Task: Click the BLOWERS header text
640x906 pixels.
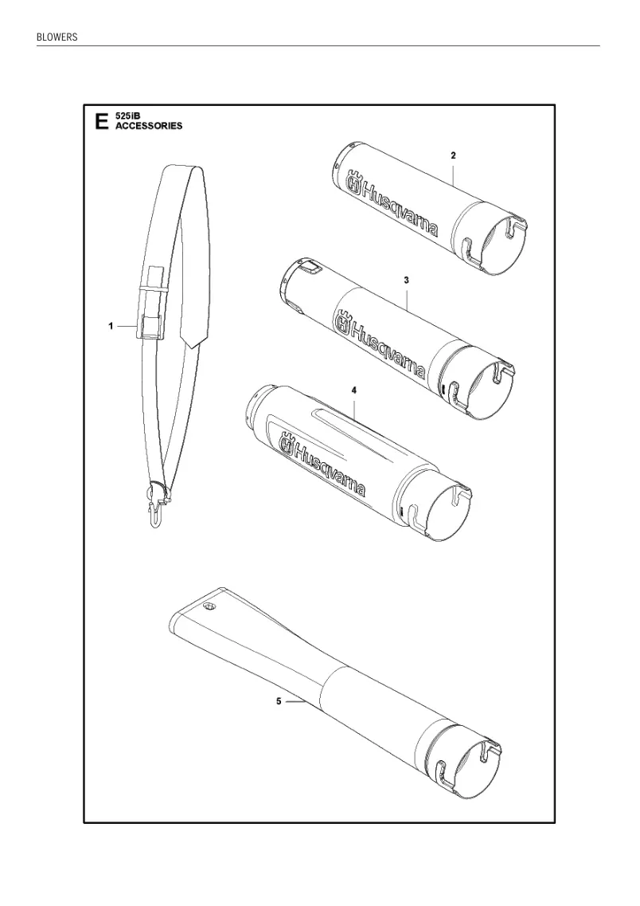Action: [57, 37]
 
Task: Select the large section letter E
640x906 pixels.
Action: [102, 122]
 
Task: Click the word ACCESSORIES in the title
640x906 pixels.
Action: [149, 125]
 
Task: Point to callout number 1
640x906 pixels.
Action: [110, 327]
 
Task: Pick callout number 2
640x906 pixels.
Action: [453, 155]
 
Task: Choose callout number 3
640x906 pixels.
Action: [406, 280]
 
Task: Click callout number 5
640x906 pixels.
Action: [279, 701]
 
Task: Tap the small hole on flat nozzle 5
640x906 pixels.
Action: [209, 606]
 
